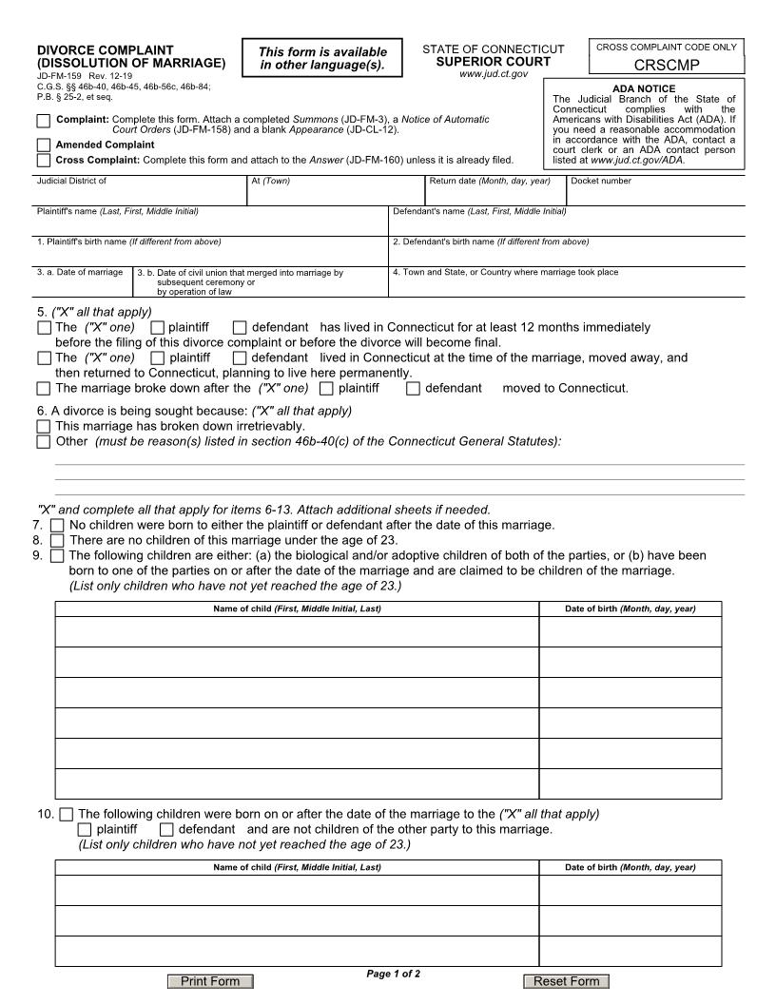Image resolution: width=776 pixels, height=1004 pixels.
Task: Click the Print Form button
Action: point(210,981)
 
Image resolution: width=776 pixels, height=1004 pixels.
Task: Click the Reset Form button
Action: point(566,981)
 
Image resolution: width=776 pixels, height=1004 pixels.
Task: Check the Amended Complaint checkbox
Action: point(44,145)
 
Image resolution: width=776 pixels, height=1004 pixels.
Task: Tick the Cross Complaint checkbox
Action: point(44,160)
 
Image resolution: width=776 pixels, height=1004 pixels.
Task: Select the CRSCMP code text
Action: point(667,66)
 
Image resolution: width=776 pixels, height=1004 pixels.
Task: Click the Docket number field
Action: point(656,194)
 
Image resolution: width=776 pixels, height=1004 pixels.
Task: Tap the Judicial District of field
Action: point(140,194)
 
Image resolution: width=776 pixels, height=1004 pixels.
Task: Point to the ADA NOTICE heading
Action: point(644,89)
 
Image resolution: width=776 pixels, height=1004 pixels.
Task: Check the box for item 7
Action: point(57,525)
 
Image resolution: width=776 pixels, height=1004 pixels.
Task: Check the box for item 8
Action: point(57,540)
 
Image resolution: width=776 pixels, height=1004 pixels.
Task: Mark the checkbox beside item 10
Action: point(66,814)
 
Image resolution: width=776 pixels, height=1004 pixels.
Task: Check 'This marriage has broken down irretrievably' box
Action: point(44,427)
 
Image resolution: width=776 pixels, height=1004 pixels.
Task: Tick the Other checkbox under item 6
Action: point(44,441)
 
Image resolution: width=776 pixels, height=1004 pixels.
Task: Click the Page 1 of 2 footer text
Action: point(393,974)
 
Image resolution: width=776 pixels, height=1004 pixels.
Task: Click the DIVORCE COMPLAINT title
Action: point(105,50)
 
